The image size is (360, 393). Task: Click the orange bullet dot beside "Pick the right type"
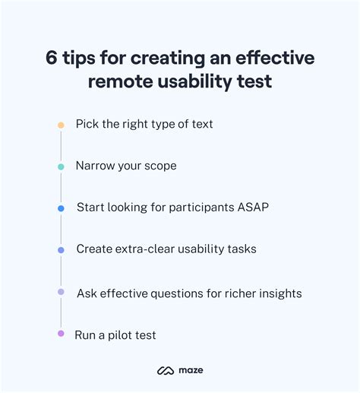click(x=61, y=125)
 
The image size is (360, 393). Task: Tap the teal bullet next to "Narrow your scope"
click(x=61, y=166)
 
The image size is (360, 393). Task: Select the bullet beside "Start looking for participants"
click(x=61, y=208)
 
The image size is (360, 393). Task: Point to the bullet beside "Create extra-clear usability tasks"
click(x=61, y=250)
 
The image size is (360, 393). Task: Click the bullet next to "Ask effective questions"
click(x=61, y=292)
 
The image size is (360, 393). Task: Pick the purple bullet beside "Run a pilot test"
click(x=61, y=333)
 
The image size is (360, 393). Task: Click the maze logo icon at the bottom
click(x=166, y=370)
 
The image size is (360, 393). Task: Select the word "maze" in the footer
click(x=191, y=370)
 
